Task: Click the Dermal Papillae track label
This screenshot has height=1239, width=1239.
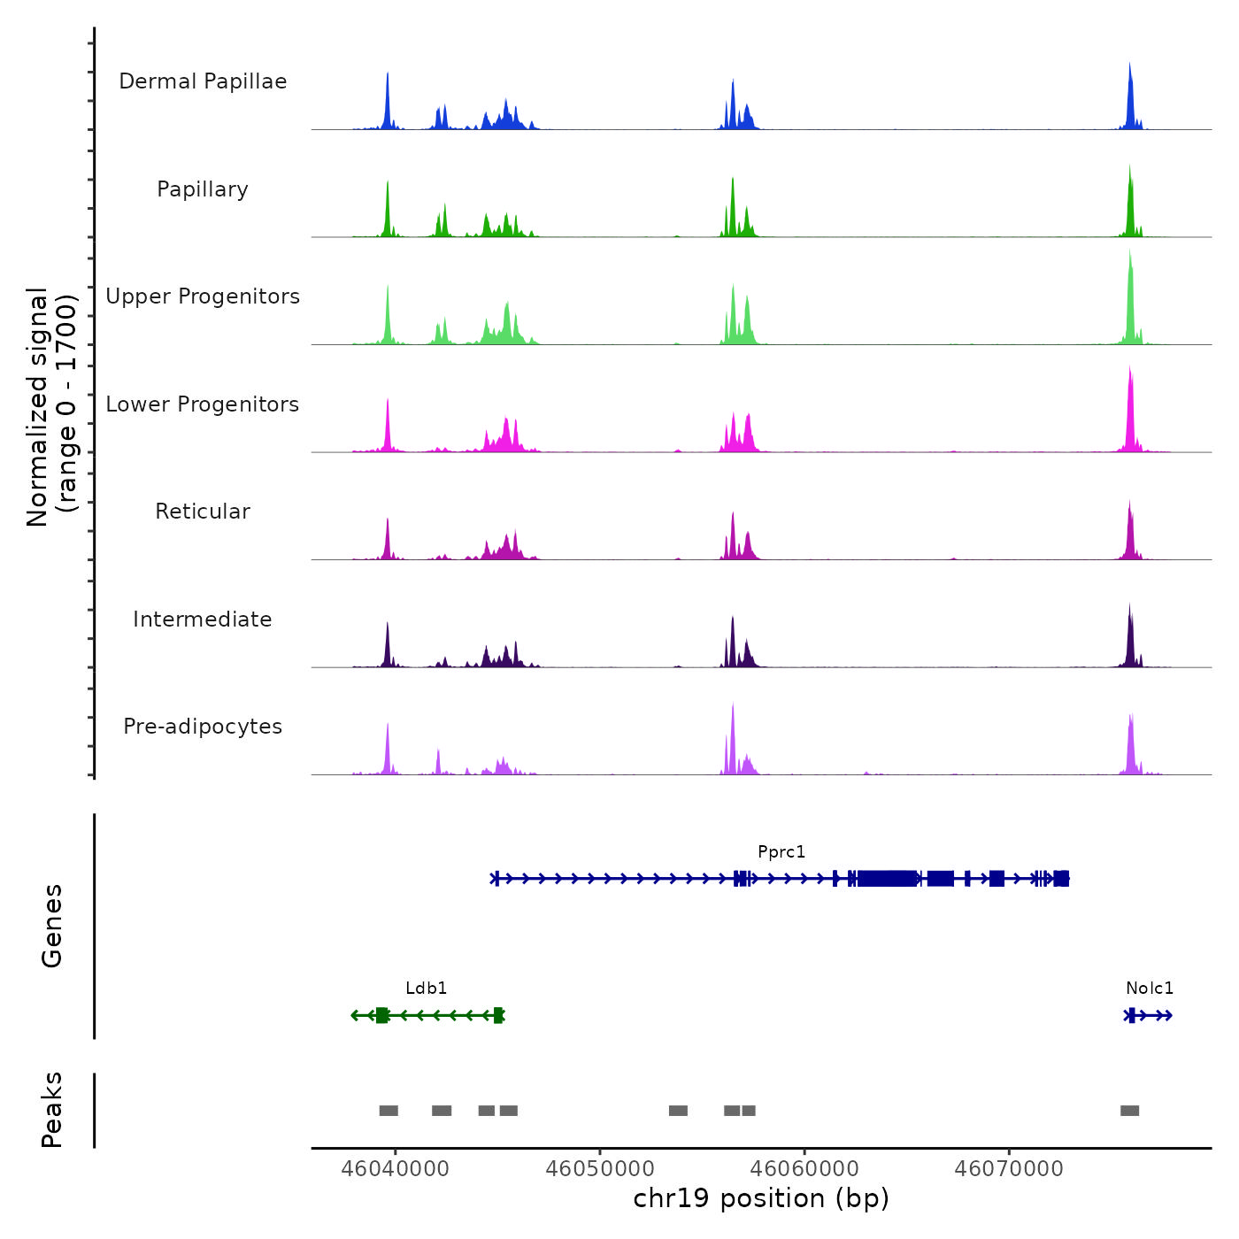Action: coord(203,81)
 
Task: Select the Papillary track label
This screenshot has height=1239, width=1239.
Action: coord(203,189)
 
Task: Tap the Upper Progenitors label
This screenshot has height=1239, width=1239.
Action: coord(203,296)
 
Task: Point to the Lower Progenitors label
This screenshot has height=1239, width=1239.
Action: coord(203,404)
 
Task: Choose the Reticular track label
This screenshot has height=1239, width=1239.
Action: coord(203,512)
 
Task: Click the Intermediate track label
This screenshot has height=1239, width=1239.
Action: coord(203,619)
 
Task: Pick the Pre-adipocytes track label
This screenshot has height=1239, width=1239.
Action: coord(203,727)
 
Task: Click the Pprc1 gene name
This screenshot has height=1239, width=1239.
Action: coord(781,852)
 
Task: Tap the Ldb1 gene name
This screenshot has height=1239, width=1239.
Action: coord(427,989)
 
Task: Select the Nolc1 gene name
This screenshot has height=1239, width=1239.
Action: coord(1150,989)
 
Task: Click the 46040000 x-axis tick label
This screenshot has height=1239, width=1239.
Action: coord(395,1169)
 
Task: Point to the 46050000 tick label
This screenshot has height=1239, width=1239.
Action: coord(600,1169)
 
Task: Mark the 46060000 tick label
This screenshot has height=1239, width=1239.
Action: coord(804,1169)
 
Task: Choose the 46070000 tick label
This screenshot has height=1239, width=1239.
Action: coord(1009,1169)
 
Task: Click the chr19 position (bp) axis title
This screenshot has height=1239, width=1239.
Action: coord(761,1198)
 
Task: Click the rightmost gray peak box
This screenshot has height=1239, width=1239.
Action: coord(1129,1111)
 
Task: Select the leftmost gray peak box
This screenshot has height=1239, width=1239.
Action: coord(389,1111)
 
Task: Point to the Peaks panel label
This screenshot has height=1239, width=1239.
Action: coord(52,1110)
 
